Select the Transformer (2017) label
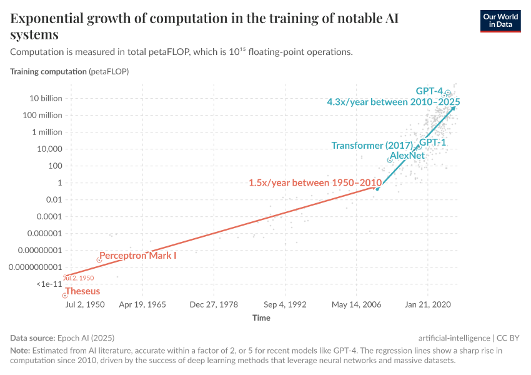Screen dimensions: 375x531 pos(372,146)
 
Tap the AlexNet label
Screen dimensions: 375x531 pos(407,155)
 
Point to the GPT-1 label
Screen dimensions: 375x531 pos(432,143)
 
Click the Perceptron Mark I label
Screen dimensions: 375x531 pos(138,256)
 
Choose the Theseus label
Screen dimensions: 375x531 pos(82,291)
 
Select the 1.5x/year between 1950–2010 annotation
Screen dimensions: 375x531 pos(315,183)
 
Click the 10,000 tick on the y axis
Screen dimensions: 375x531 pos(49,149)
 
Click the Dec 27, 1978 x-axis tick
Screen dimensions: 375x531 pos(214,305)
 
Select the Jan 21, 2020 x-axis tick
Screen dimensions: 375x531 pos(428,305)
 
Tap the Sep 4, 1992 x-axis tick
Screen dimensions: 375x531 pos(285,305)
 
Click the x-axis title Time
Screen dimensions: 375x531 pos(261,318)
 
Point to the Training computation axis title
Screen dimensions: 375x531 pos(49,71)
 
